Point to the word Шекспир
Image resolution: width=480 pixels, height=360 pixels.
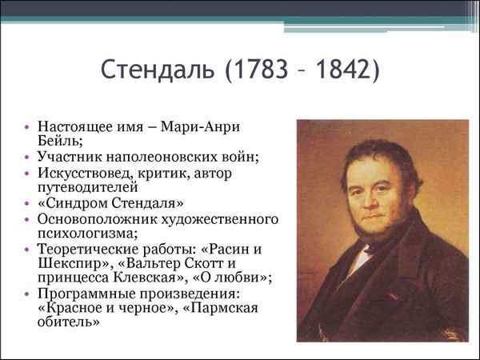pyautogui.click(x=67, y=263)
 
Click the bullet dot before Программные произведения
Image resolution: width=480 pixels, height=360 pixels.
pyautogui.click(x=29, y=294)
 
